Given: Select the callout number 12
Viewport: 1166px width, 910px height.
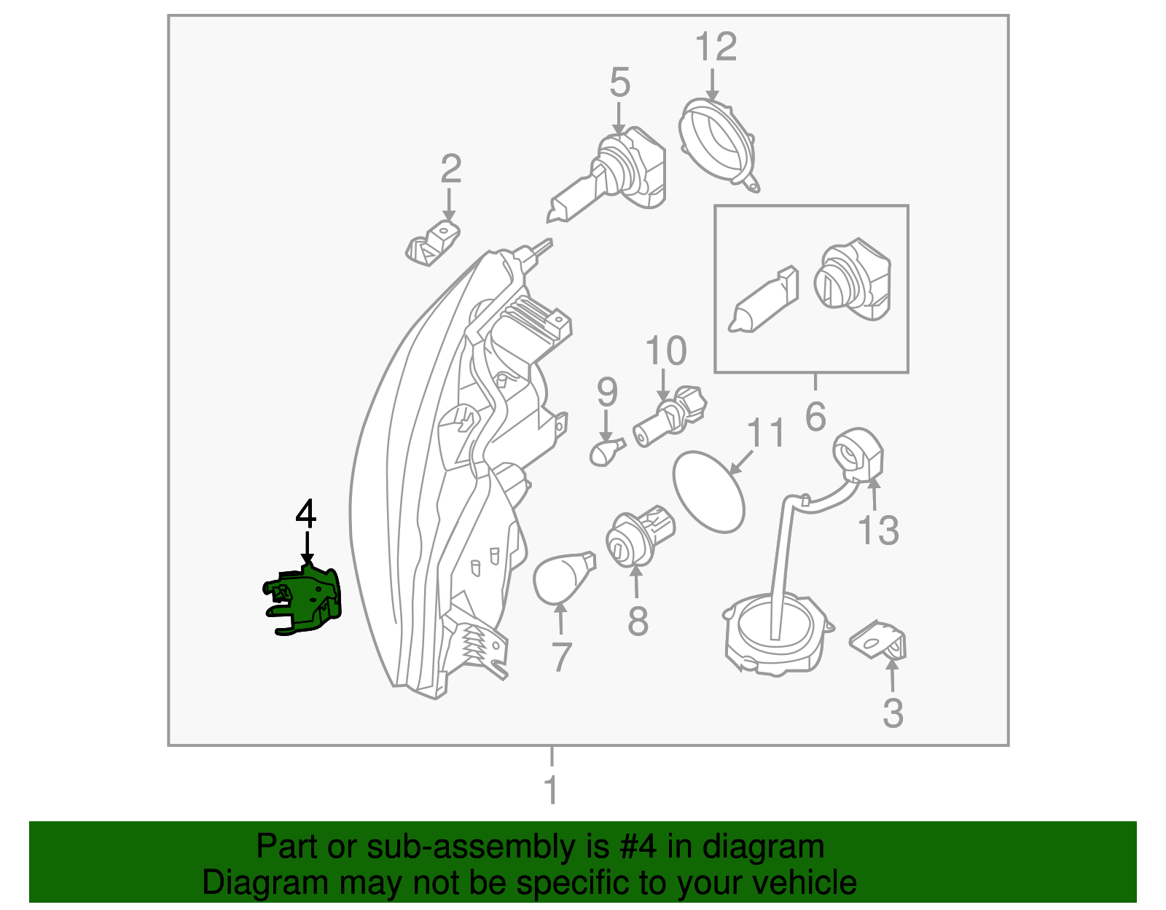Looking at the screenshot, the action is click(716, 47).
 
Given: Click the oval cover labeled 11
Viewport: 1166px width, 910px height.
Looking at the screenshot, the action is click(709, 492).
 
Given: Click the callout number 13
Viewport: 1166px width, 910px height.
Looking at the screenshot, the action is click(878, 530).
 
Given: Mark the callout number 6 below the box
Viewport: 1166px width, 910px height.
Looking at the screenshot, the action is click(815, 416).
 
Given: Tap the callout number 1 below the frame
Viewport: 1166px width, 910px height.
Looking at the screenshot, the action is click(551, 790).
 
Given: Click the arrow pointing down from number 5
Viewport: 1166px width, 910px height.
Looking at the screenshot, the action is click(619, 119).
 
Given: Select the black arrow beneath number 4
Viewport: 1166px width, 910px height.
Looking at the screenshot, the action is click(307, 548).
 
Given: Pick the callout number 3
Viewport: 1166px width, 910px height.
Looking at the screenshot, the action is click(893, 713).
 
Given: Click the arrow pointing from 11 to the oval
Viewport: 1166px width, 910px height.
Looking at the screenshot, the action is click(741, 462).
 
